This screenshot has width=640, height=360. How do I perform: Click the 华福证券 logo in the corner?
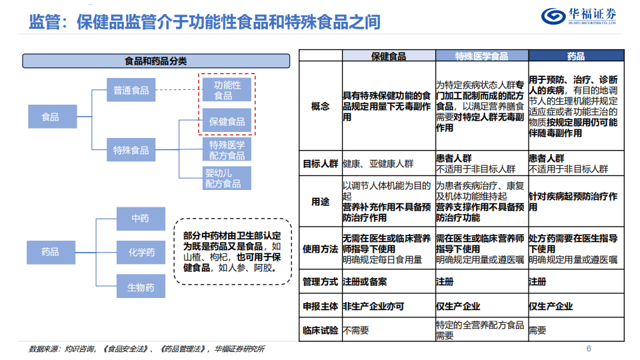(579, 16)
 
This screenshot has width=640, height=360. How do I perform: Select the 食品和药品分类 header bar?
(156, 61)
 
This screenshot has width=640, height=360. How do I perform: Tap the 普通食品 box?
(131, 90)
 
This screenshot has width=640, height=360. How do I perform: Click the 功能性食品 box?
(227, 90)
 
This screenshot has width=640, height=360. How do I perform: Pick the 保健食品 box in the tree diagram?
(227, 121)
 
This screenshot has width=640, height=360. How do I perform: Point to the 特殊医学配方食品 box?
(227, 150)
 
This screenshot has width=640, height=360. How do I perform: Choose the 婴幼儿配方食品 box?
(227, 178)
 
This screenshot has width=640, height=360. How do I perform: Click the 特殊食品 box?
(131, 150)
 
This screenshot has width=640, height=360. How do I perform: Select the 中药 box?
(141, 219)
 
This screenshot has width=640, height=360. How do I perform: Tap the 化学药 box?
(141, 252)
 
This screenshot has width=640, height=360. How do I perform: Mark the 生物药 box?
(141, 286)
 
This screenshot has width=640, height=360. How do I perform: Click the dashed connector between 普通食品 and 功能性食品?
(179, 90)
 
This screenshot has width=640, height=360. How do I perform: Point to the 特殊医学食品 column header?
(482, 56)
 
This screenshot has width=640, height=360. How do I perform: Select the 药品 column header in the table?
(576, 56)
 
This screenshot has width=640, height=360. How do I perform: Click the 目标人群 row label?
(321, 164)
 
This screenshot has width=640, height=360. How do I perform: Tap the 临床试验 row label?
(321, 330)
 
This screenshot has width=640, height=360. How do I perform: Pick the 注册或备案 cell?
(365, 281)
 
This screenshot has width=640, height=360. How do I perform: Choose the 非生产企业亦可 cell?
(373, 306)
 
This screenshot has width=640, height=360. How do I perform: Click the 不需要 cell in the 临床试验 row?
(356, 330)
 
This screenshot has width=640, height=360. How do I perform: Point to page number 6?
(589, 349)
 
